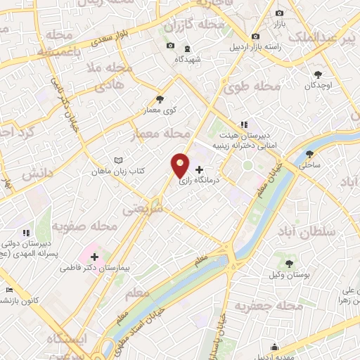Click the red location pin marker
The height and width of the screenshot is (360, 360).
click(180, 165)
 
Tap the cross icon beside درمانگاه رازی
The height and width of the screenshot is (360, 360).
click(200, 169)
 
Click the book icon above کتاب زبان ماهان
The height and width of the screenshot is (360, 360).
click(118, 160)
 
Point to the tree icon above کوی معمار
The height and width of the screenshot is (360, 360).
click(160, 99)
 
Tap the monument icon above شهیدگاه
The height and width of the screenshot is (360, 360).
click(186, 49)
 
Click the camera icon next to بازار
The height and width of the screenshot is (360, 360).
click(279, 13)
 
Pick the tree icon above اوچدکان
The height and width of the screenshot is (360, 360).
click(319, 74)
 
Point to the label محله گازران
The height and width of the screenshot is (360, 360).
click(193, 26)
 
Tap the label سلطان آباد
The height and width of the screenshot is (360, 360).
click(325, 231)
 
